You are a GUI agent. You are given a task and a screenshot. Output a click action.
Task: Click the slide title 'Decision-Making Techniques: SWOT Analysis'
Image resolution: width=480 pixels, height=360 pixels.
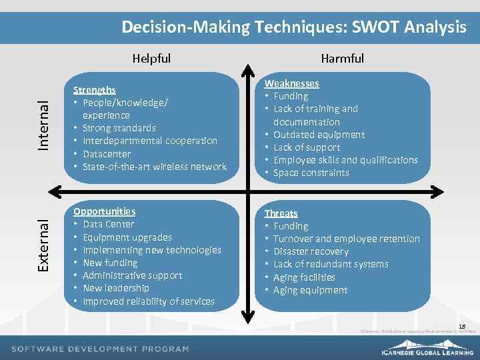293,27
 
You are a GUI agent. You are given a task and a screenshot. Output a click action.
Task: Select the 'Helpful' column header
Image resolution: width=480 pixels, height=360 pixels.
151,59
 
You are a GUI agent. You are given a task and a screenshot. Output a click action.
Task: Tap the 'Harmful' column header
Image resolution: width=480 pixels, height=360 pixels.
342,59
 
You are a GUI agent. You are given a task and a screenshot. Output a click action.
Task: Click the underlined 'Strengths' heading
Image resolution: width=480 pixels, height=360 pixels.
94,89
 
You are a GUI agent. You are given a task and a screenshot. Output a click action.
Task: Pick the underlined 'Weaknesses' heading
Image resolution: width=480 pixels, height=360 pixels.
291,83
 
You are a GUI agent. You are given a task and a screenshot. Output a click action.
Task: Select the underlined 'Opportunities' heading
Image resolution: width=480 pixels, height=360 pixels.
104,211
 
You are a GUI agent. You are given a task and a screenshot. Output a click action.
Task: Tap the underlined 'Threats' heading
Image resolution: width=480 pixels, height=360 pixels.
281,213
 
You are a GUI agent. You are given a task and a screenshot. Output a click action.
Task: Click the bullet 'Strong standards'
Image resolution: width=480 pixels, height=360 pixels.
119,128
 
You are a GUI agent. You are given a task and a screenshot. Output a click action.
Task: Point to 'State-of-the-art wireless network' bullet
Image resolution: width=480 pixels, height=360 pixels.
154,167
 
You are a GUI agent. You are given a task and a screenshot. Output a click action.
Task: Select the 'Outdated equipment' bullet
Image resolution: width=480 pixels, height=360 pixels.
319,135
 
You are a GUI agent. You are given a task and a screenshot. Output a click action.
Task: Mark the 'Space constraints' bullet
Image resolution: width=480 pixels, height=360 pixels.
311,173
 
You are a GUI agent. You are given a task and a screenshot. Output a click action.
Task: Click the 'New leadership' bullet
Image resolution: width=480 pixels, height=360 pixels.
115,288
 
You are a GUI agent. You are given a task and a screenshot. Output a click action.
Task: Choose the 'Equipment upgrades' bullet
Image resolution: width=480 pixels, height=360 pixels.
127,237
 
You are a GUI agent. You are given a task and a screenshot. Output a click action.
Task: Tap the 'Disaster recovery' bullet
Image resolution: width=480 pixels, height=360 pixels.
311,251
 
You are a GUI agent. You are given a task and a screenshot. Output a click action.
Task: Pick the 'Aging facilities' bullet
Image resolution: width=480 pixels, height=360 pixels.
304,277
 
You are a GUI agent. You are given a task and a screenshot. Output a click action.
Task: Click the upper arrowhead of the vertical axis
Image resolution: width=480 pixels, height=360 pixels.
247,69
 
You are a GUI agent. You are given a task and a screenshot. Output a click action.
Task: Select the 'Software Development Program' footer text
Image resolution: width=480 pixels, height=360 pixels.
100,349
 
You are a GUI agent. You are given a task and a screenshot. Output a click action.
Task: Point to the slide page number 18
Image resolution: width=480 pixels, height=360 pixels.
462,325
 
